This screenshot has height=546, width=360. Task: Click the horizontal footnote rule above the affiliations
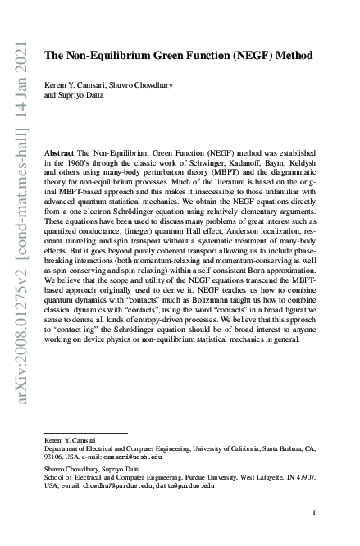point(85,432)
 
